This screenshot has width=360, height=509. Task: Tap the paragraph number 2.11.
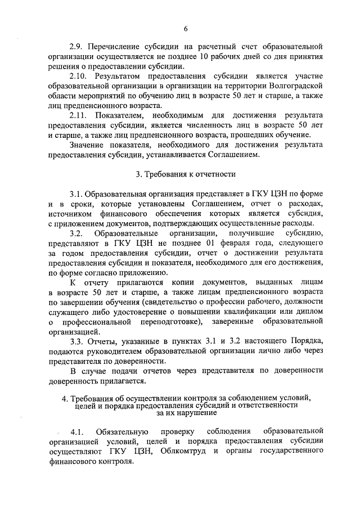click(79, 115)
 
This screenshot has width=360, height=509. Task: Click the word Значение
click(89, 145)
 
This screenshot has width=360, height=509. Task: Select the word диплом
click(310, 312)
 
